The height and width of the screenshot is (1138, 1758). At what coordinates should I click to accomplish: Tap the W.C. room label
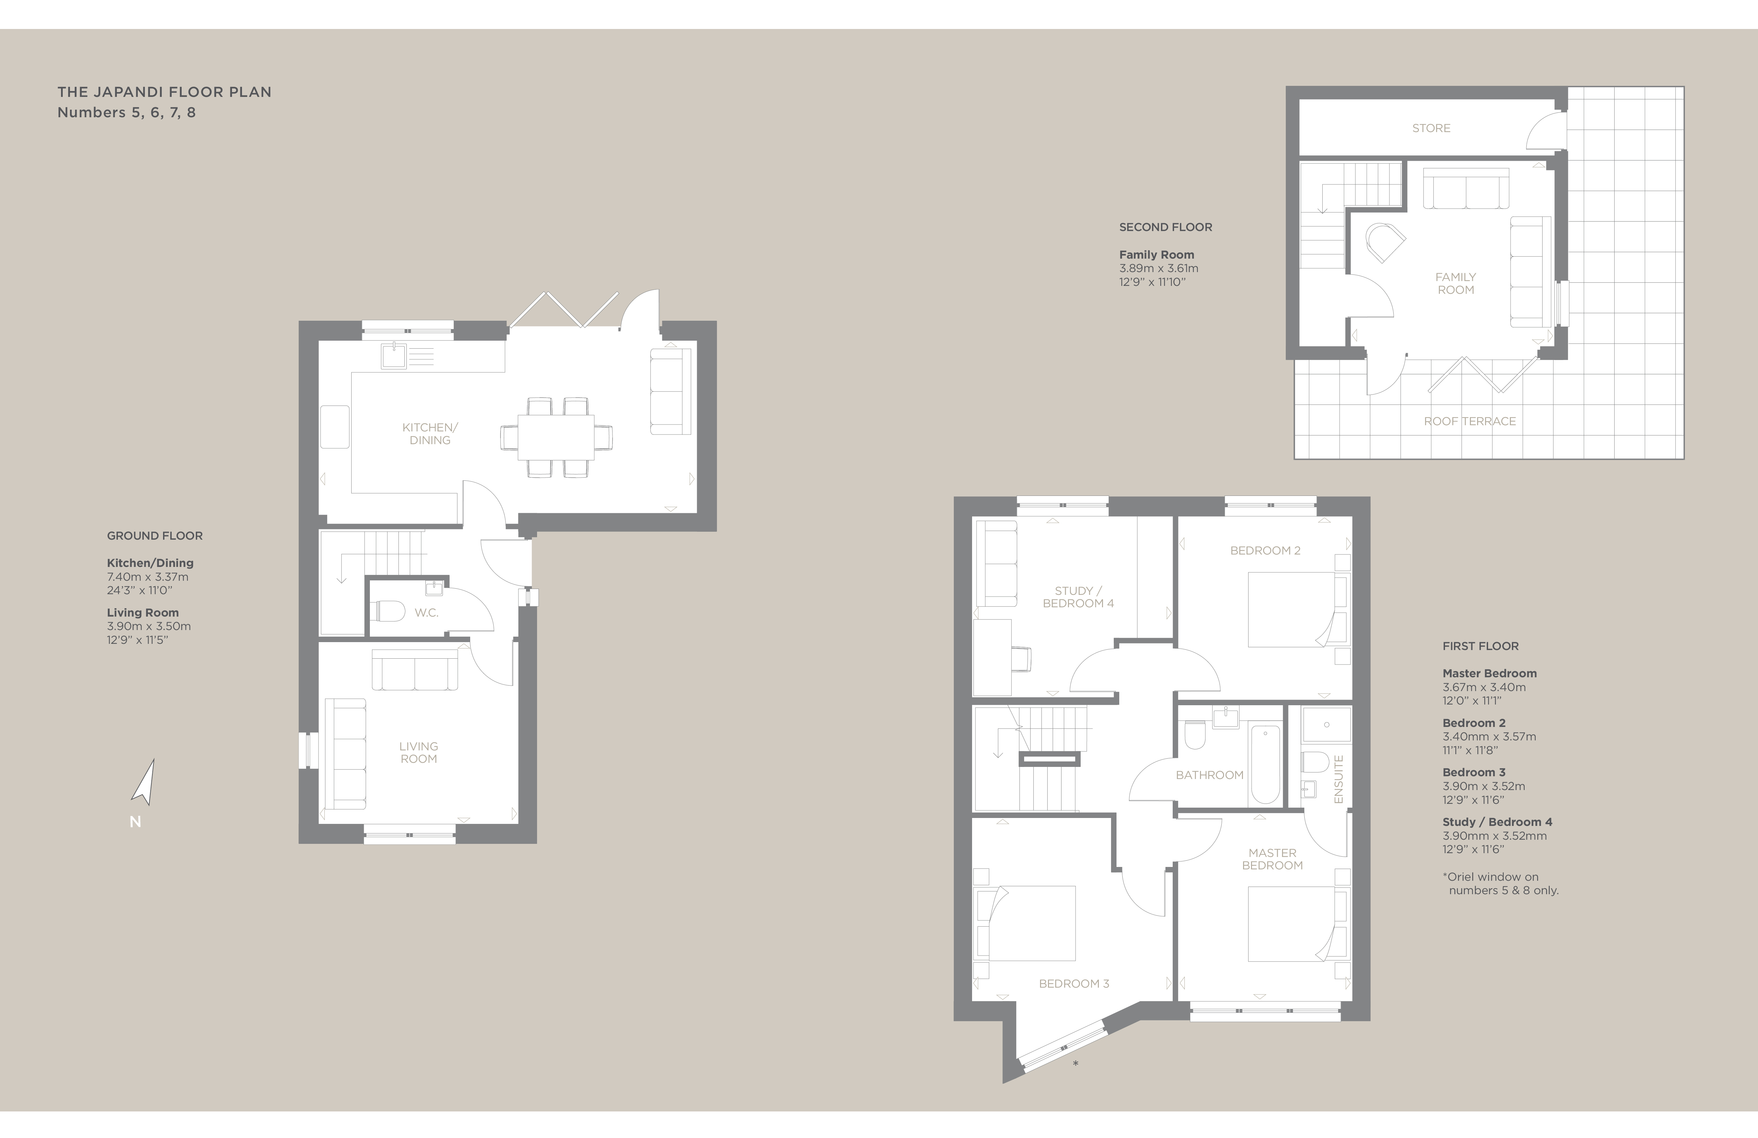click(426, 612)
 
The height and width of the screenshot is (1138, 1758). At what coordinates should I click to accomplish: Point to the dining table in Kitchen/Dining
click(556, 437)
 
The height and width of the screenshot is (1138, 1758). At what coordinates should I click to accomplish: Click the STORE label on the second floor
click(1431, 128)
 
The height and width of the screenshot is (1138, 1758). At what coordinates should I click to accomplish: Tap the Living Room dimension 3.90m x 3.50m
click(149, 626)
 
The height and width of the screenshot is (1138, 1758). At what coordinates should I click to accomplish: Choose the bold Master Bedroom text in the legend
click(1489, 673)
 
